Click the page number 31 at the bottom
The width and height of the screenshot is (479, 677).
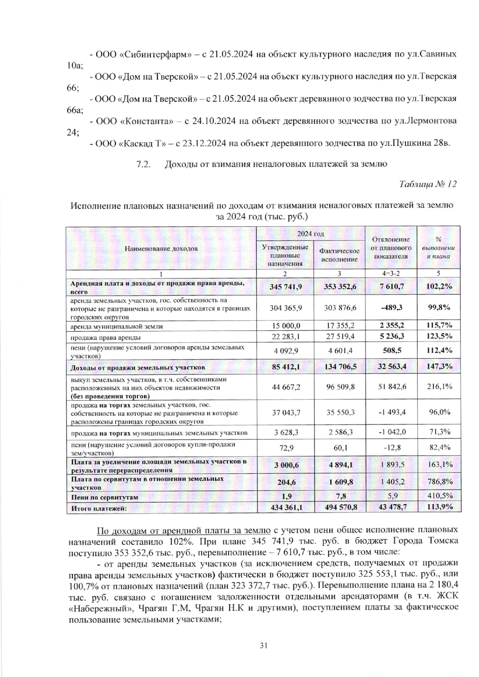tap(264, 645)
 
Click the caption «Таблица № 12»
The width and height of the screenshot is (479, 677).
tap(428, 184)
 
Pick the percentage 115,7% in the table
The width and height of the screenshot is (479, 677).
tap(438, 326)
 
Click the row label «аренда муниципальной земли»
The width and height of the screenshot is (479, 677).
tap(116, 326)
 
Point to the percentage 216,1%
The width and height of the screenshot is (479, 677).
tap(438, 386)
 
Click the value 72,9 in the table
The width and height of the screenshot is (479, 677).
tap(285, 448)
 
